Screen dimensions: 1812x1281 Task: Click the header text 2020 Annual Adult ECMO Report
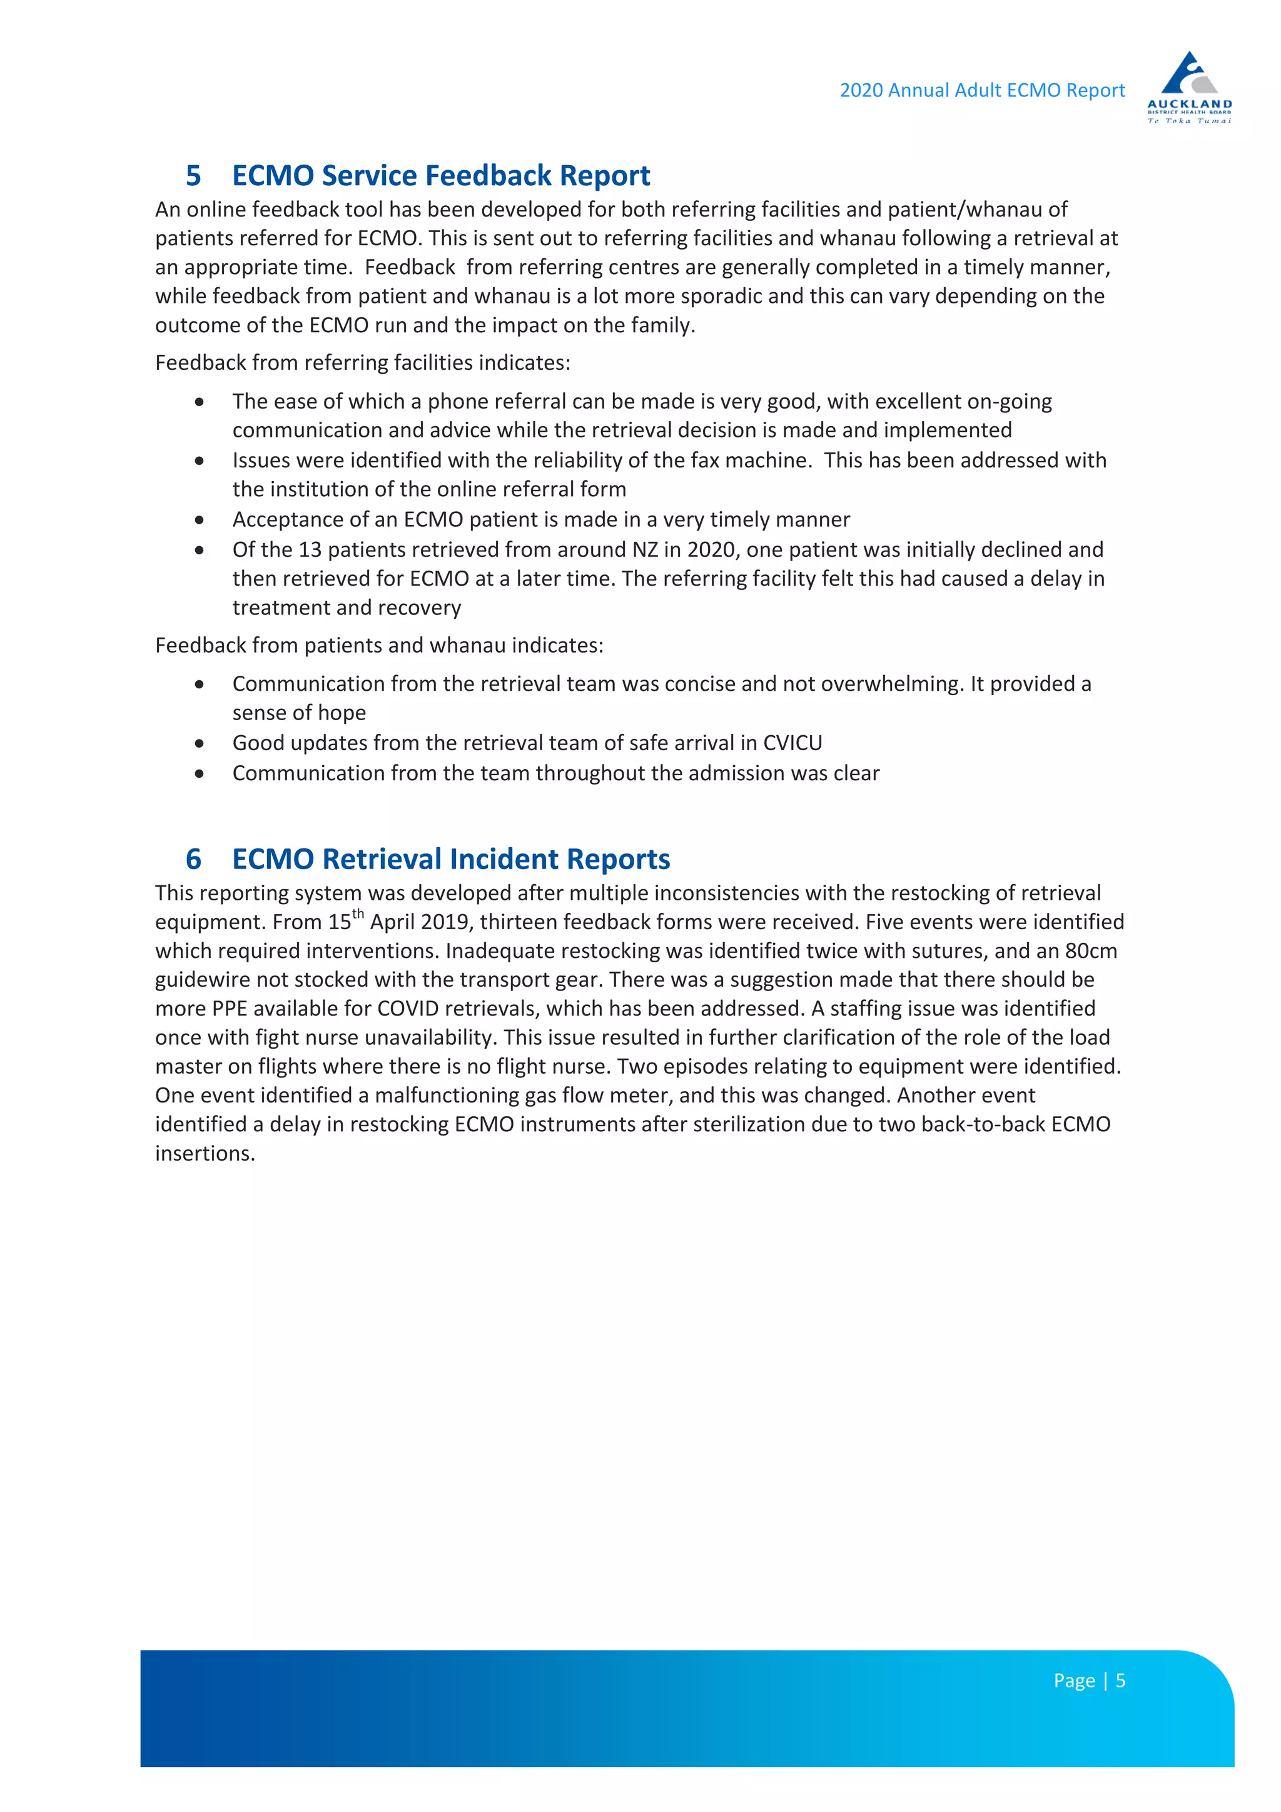(981, 91)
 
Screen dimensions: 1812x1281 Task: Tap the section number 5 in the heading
(193, 175)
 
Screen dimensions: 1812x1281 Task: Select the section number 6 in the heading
(193, 858)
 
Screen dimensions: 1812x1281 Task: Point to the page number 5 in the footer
(1120, 1681)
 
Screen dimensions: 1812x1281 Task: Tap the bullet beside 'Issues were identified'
(200, 461)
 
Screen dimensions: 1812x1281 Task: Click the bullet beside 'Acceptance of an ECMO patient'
(200, 520)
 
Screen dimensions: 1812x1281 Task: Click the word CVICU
(792, 743)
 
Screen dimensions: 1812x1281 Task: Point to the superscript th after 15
(358, 915)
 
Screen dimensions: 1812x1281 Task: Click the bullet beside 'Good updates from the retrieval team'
(200, 743)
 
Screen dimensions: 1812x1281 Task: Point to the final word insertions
(205, 1154)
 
